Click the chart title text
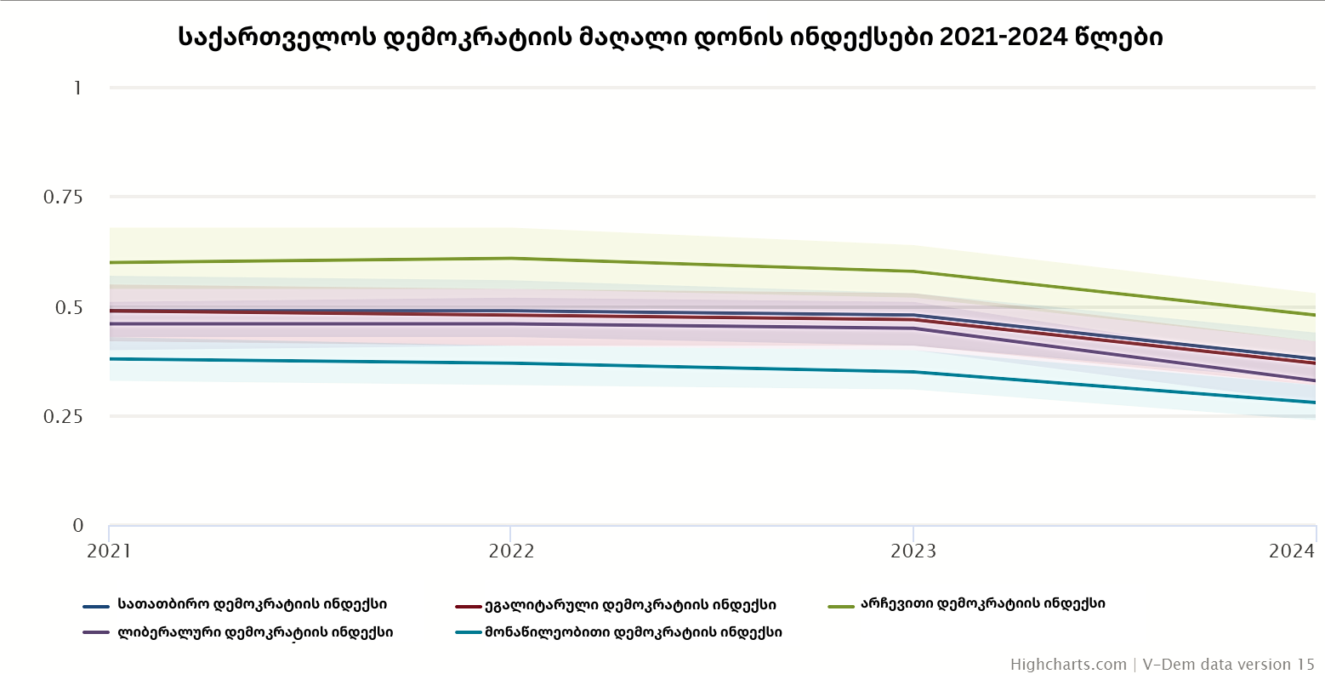[670, 37]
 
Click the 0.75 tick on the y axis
[63, 197]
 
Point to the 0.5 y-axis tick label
[69, 307]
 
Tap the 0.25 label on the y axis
[63, 416]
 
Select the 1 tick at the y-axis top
[77, 88]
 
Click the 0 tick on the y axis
[78, 526]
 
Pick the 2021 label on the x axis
[110, 551]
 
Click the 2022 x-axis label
[511, 551]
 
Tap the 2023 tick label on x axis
[913, 551]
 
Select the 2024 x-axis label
[1292, 551]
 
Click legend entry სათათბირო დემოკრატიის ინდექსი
[252, 605]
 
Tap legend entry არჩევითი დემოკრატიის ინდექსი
[982, 604]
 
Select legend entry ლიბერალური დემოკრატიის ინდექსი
[255, 632]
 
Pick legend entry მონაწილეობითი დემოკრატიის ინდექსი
[634, 632]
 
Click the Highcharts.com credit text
[1068, 665]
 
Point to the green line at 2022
[511, 258]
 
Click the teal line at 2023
[913, 372]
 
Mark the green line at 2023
[913, 271]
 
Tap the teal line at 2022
[511, 363]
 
